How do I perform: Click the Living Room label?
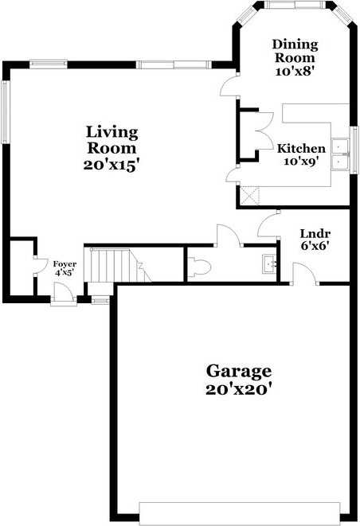tap(112, 139)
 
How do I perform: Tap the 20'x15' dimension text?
tap(112, 166)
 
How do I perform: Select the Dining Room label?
tap(295, 51)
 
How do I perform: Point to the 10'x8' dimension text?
tap(295, 71)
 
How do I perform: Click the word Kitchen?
tap(301, 149)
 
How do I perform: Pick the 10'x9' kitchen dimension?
tap(301, 162)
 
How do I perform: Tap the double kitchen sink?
tap(342, 154)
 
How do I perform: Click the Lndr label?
tap(311, 233)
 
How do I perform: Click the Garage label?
tap(239, 371)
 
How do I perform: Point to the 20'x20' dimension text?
tap(239, 390)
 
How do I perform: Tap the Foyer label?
tap(65, 263)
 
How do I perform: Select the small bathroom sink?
tap(269, 263)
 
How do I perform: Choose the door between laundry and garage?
tap(304, 275)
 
